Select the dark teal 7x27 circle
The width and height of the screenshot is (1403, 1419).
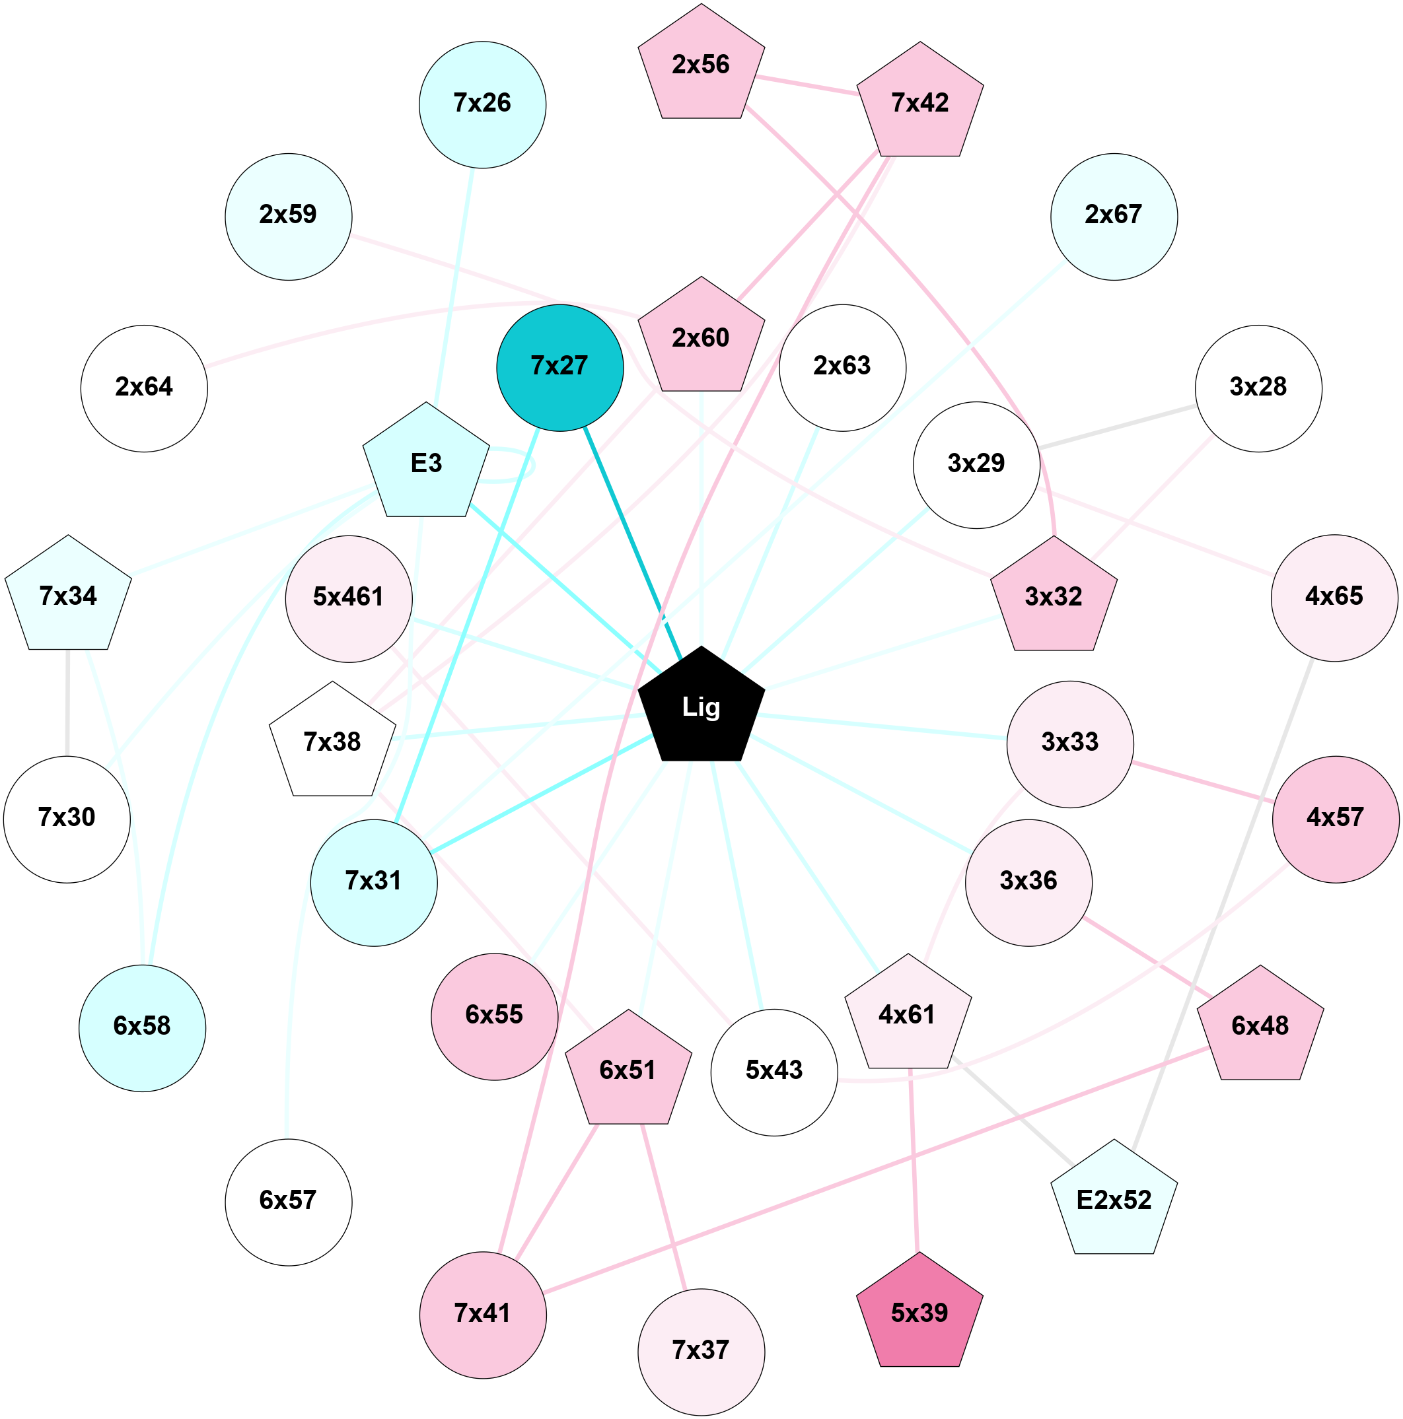tap(559, 367)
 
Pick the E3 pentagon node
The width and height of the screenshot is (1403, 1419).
tap(426, 464)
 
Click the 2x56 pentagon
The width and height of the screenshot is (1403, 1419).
tap(701, 65)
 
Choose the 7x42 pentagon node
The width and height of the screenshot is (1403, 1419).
tap(919, 104)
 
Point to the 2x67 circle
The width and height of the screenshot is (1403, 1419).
tap(1114, 216)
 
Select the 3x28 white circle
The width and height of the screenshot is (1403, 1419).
tap(1258, 388)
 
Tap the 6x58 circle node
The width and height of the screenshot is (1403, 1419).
tap(142, 1027)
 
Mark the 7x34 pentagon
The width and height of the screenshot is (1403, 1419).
tap(68, 596)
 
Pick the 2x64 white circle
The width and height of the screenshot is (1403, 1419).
tap(144, 388)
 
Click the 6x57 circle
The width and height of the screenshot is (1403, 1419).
tap(288, 1202)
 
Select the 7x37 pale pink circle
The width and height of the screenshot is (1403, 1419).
tap(701, 1352)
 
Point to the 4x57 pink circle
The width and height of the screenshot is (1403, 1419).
tap(1336, 818)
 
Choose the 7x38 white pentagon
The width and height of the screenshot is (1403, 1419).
tap(332, 743)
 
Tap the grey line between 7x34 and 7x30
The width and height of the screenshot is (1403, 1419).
tap(67, 701)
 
